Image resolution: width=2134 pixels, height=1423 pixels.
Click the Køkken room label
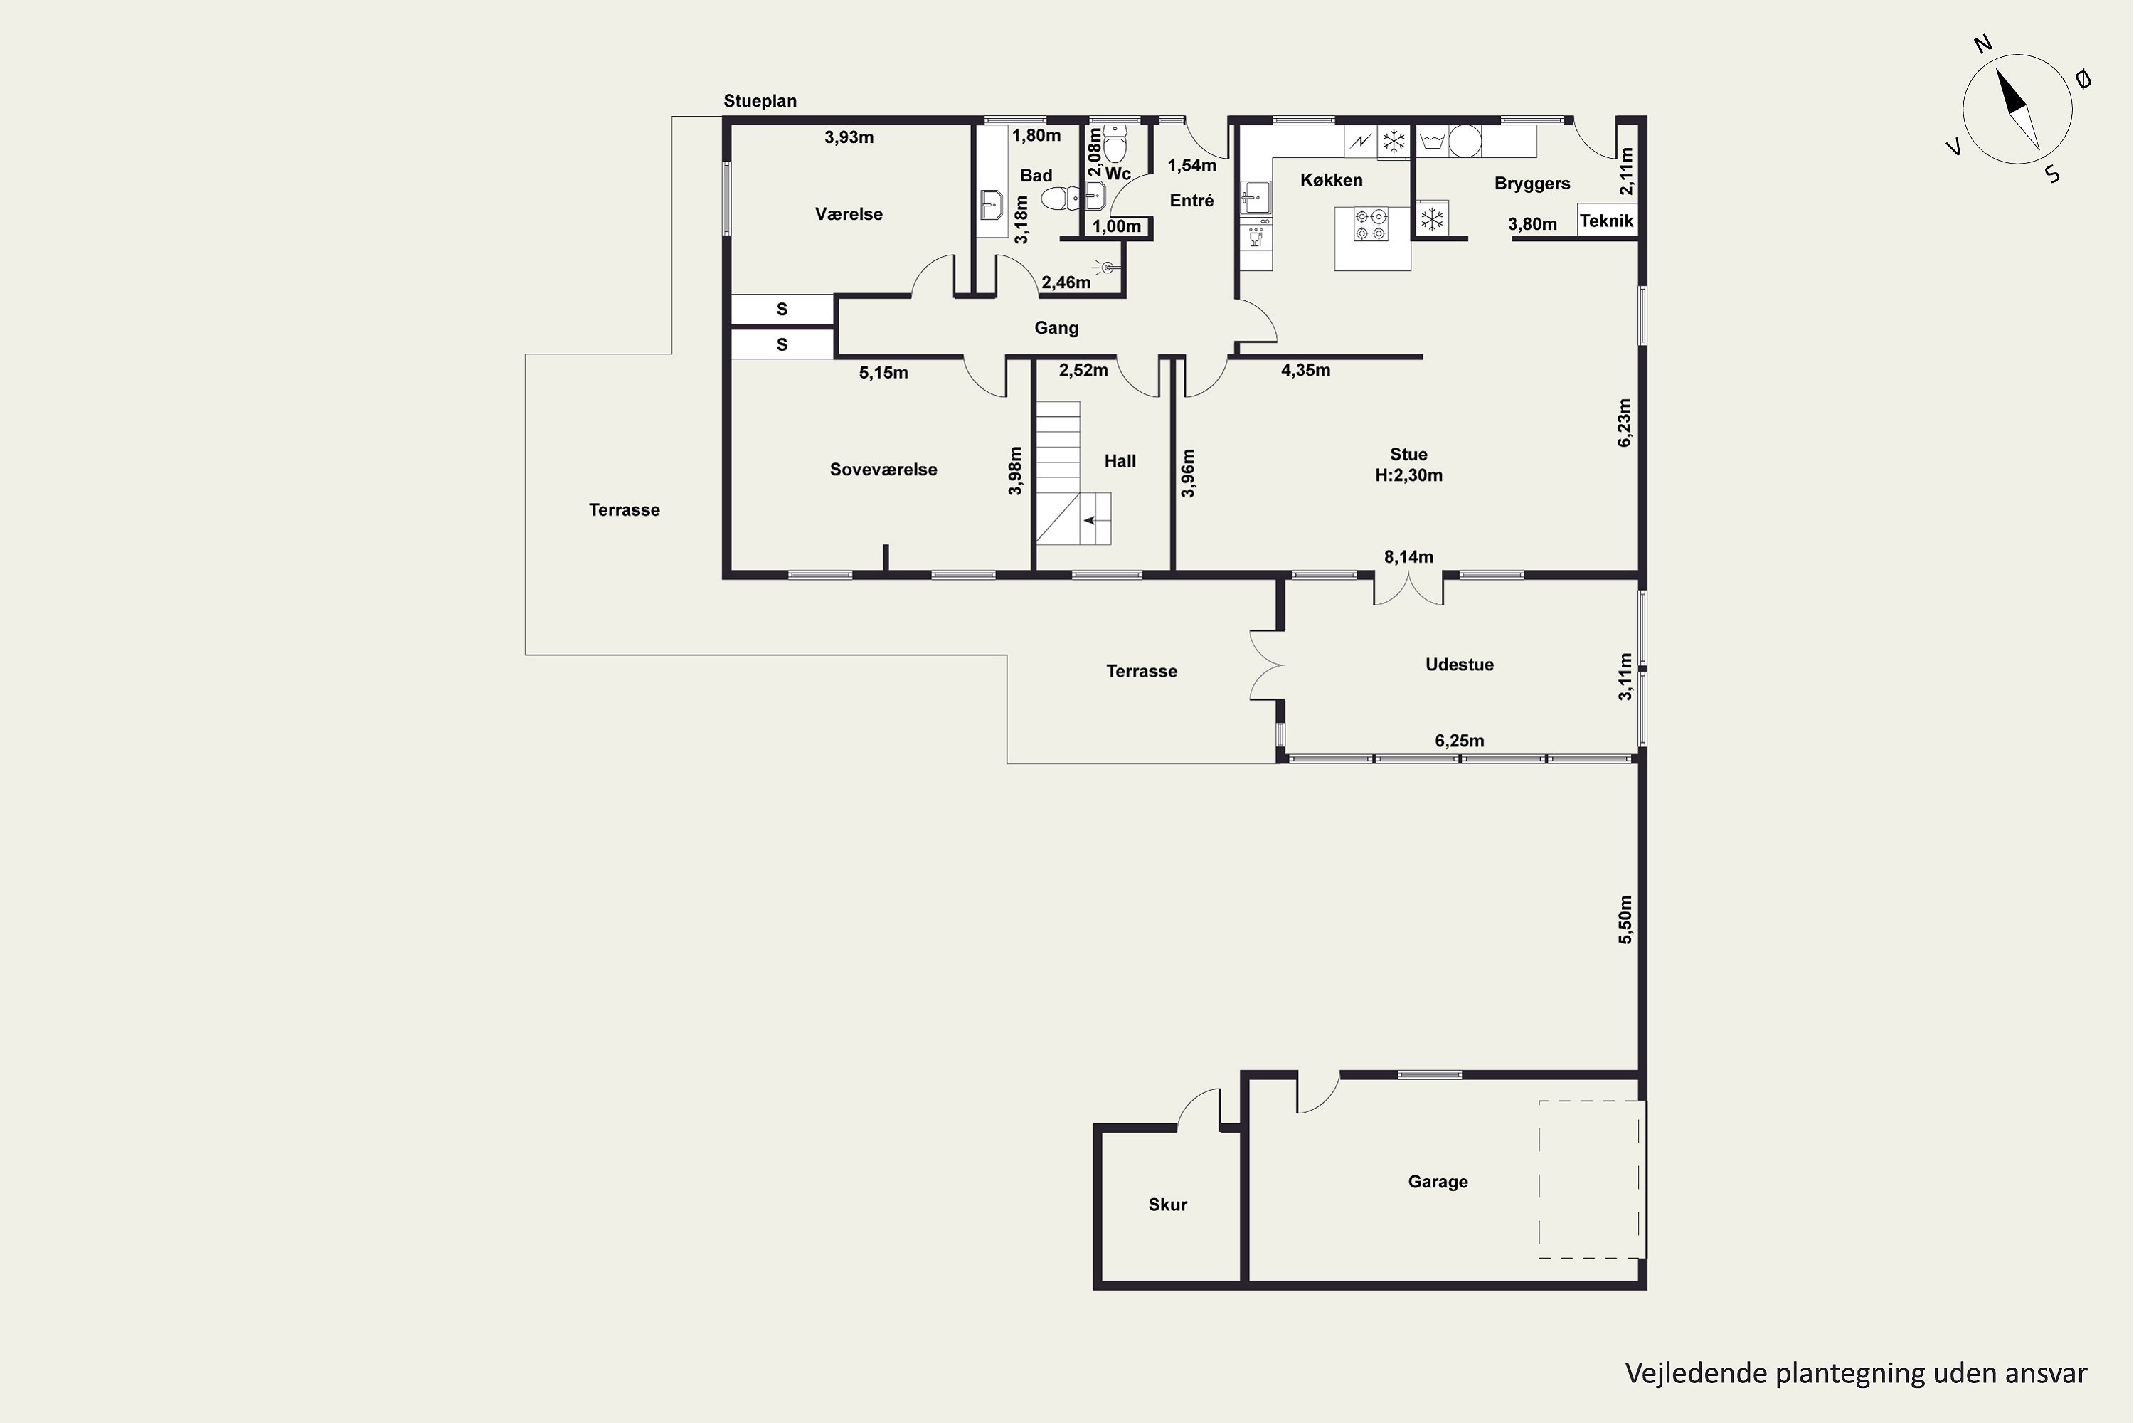coord(1331,180)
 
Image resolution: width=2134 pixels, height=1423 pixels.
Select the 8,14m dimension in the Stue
coord(1408,556)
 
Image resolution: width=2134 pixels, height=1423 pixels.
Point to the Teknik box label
coord(1606,221)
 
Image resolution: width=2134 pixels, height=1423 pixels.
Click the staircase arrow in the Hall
coord(1090,520)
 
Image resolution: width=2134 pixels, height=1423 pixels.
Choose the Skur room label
coord(1168,1205)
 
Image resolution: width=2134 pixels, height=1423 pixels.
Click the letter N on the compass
coord(1982,69)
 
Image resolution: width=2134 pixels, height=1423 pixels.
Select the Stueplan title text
coord(760,101)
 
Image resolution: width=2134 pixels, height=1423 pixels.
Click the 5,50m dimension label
coord(1624,919)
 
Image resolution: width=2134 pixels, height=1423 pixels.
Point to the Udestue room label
coord(1459,665)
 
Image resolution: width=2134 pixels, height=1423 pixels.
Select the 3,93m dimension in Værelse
coord(849,137)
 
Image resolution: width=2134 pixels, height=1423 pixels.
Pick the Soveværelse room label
coord(883,469)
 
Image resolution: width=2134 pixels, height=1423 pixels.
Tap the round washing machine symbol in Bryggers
coord(1465,141)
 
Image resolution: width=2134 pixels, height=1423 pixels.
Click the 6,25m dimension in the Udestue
coord(1459,741)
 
